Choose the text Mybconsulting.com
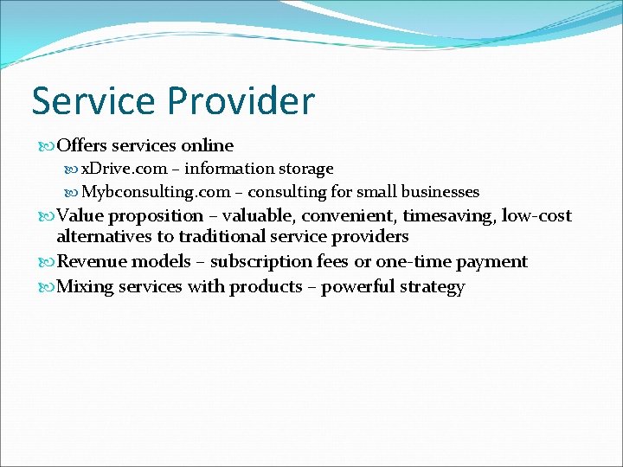[x=156, y=192]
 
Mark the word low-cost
[x=536, y=216]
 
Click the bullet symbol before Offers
[x=46, y=146]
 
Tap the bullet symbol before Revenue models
[x=46, y=262]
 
